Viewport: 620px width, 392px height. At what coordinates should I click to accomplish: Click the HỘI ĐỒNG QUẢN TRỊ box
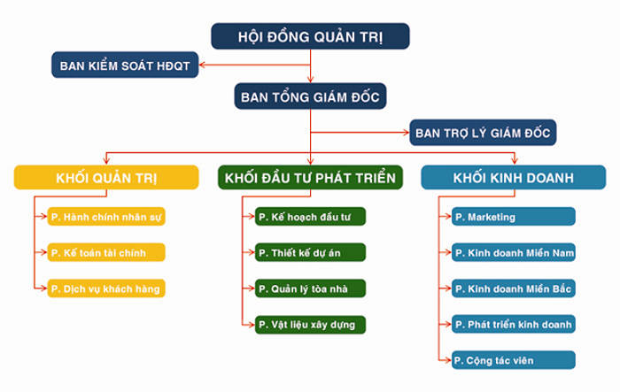click(x=311, y=37)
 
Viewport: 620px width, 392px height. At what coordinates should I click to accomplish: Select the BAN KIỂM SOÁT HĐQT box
click(x=124, y=65)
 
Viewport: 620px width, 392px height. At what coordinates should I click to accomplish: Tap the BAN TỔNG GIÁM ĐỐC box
click(x=311, y=96)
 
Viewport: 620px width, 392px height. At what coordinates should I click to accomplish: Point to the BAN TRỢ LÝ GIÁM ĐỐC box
click(x=483, y=134)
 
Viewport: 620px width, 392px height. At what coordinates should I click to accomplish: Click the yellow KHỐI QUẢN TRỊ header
click(x=105, y=177)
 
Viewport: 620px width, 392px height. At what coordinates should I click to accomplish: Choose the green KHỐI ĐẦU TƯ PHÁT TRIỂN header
click(x=310, y=177)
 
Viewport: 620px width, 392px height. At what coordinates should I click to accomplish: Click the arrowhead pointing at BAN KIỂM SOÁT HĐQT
click(x=203, y=65)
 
